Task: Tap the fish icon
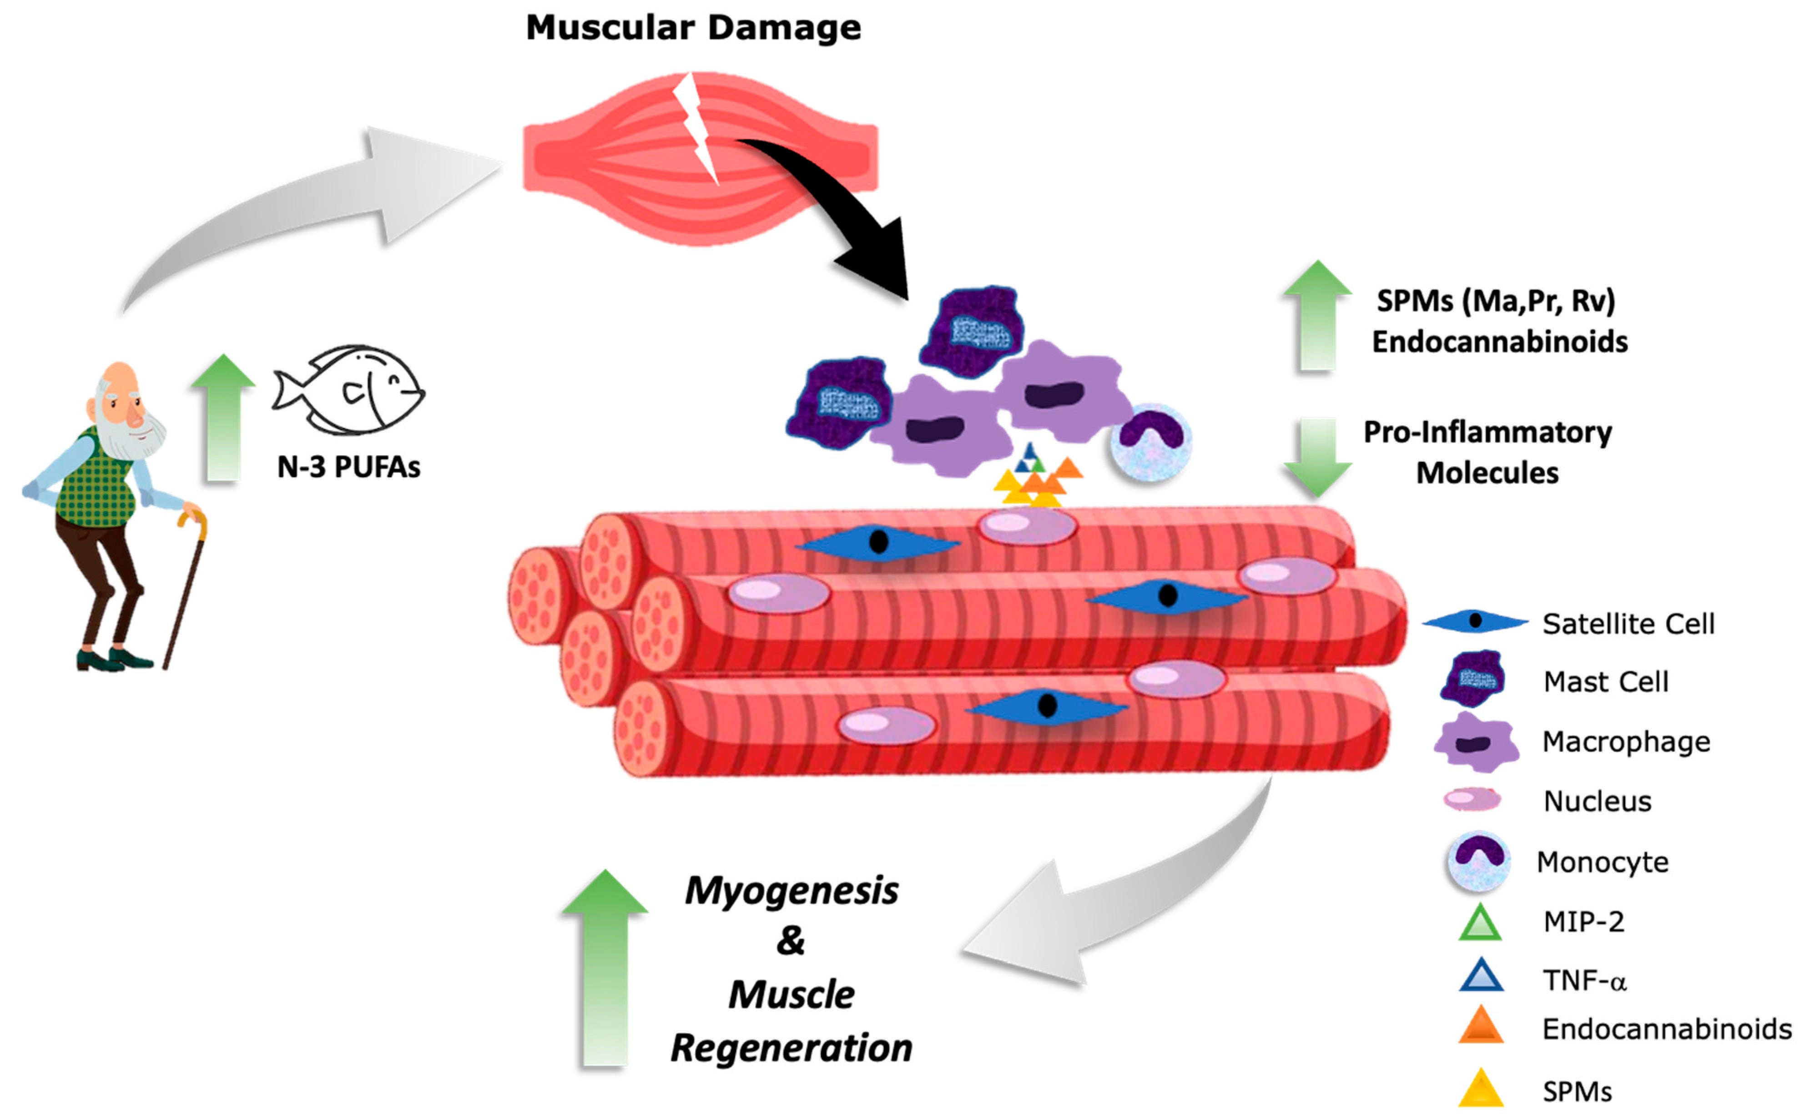(348, 390)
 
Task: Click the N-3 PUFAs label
(348, 467)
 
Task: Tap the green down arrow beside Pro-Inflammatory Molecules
(1317, 455)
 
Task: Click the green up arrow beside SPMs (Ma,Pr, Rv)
(1317, 315)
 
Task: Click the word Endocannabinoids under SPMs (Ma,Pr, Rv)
(1499, 342)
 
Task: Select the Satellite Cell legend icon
(1474, 621)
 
